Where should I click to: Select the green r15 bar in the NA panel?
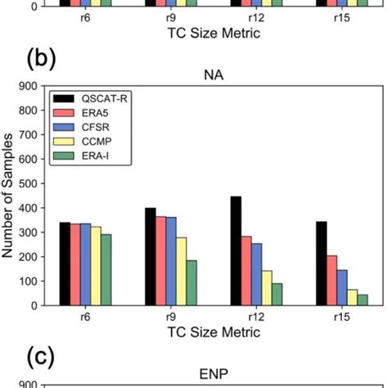point(363,300)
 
